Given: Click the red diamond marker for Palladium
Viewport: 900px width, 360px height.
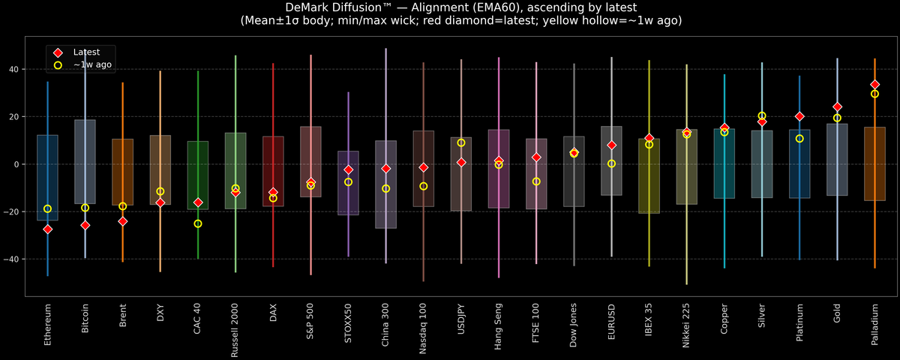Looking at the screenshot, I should (x=874, y=85).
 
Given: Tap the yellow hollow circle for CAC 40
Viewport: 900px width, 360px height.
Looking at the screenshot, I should (x=198, y=223).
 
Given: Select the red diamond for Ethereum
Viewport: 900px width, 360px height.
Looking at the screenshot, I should (x=47, y=229).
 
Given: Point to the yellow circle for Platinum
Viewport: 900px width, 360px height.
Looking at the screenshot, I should (x=799, y=139).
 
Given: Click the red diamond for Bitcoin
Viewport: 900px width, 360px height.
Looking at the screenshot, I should (x=85, y=225).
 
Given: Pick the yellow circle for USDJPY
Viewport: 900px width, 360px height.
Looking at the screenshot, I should (x=461, y=142).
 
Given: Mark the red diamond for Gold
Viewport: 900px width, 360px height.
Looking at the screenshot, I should (x=837, y=107).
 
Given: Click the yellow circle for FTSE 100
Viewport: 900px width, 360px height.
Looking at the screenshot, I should (x=536, y=181).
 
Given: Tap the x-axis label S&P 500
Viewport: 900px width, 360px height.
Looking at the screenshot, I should (x=310, y=322).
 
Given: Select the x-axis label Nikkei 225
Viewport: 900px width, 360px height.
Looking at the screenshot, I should (x=686, y=327).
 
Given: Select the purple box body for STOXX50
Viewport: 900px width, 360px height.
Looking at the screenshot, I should (x=348, y=183).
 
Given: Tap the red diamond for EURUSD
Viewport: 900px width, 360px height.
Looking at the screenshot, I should (x=611, y=145).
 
